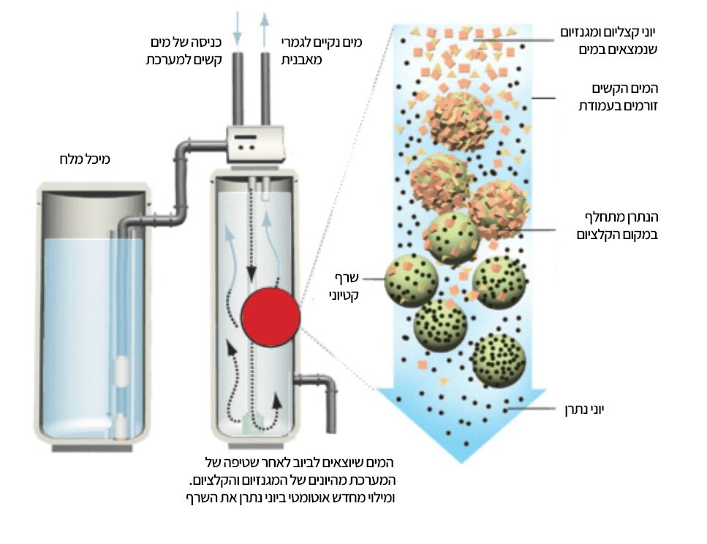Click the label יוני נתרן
586,410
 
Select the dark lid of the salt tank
92,195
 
